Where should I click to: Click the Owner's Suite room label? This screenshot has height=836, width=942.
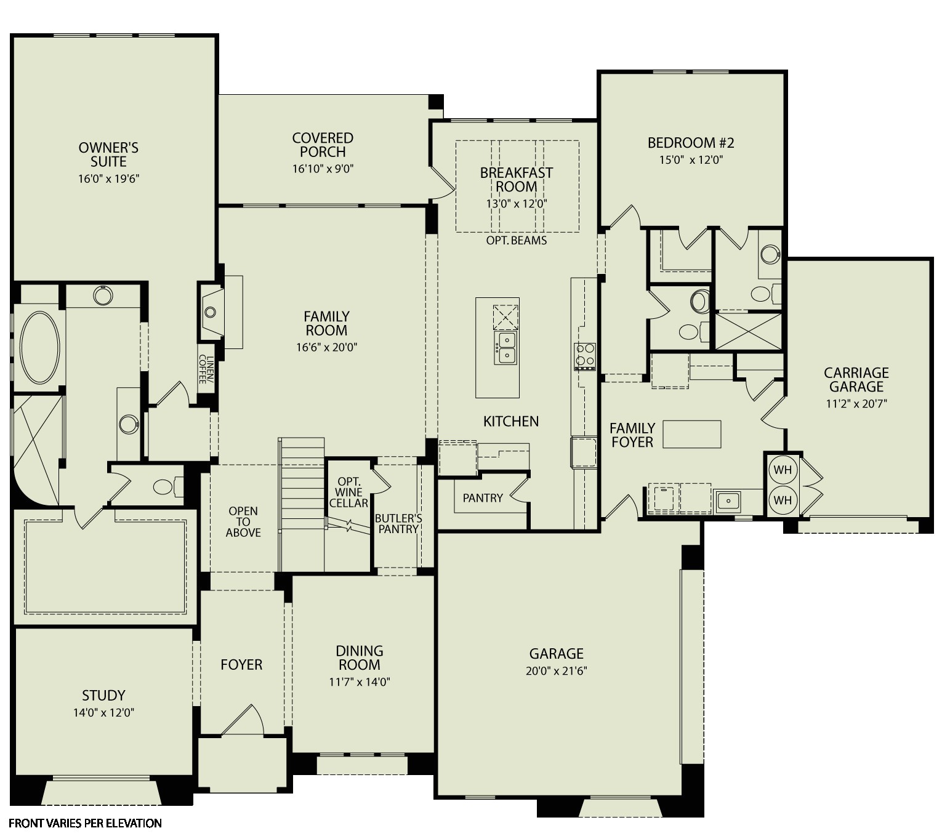[x=108, y=155]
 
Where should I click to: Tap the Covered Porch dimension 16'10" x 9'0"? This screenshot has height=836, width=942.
[x=323, y=169]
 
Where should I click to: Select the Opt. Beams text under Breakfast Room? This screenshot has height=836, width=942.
[x=516, y=240]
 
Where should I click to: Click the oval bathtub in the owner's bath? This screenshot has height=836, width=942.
[x=40, y=347]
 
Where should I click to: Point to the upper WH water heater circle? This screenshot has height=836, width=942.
[x=783, y=470]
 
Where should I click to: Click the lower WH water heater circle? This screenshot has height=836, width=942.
[x=783, y=500]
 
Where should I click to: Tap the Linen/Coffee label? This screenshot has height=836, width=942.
[x=206, y=369]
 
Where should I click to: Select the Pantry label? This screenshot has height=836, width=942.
[x=483, y=498]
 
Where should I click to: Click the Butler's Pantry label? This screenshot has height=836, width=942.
[x=398, y=523]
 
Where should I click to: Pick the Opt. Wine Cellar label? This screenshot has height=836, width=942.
[x=348, y=492]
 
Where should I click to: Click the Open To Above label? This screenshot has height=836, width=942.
[x=243, y=521]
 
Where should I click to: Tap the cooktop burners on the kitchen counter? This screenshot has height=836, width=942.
[x=585, y=356]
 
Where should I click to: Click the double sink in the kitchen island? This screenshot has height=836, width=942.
[x=505, y=348]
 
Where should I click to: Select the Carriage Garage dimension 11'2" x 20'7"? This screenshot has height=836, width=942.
[x=856, y=404]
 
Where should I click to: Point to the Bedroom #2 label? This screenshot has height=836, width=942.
[x=691, y=143]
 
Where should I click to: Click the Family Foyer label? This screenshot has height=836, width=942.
[x=632, y=435]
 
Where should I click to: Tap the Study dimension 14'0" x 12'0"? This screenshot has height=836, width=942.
[x=103, y=713]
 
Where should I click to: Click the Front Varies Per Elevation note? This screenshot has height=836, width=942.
[x=85, y=824]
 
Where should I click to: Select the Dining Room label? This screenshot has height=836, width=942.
[x=360, y=657]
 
